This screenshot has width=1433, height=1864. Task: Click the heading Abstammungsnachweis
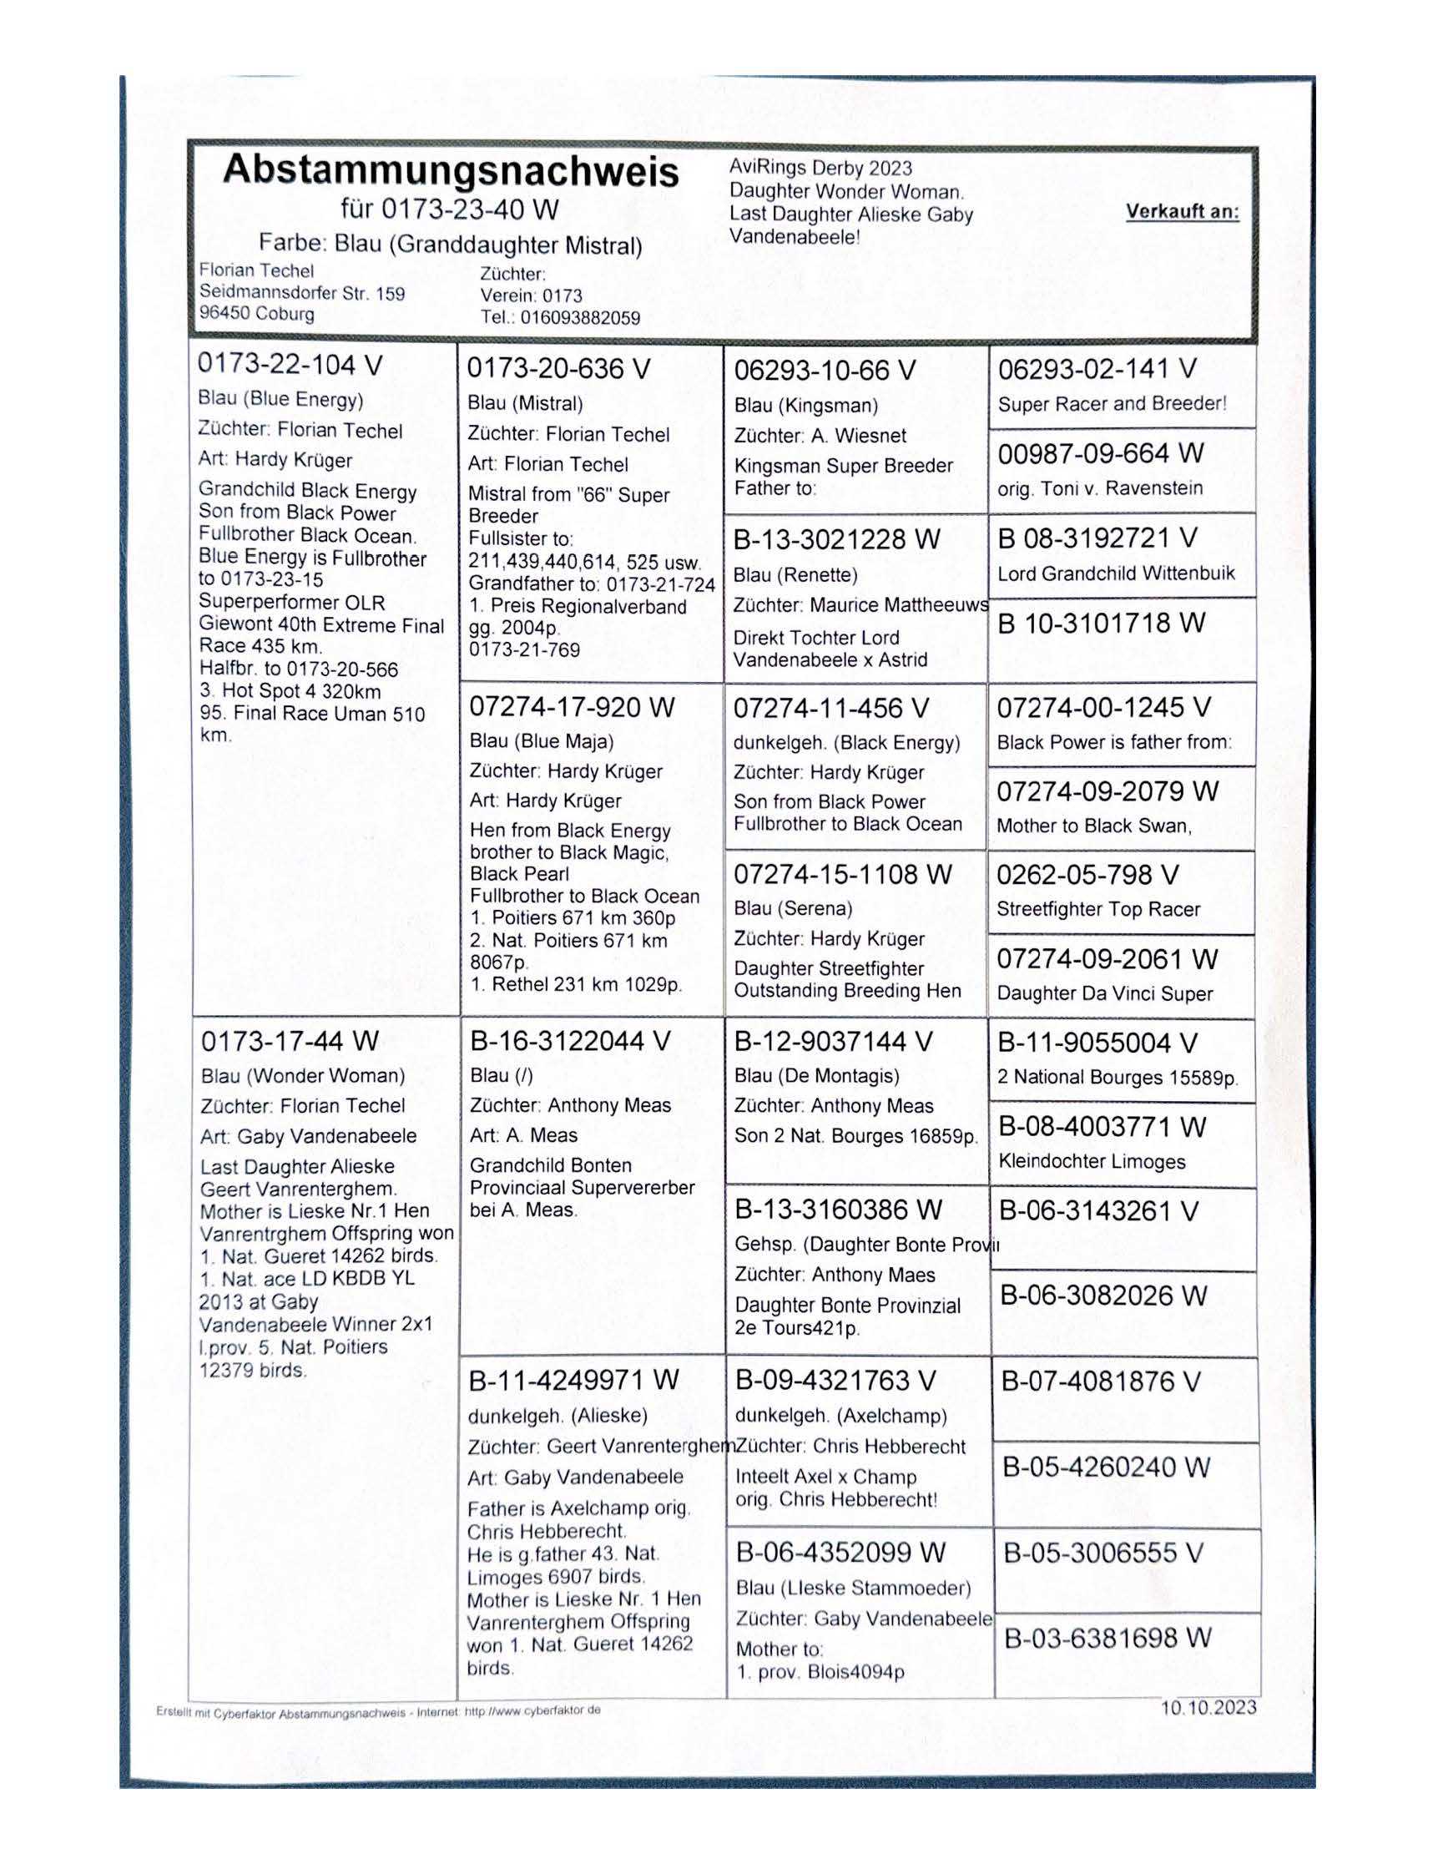pyautogui.click(x=451, y=170)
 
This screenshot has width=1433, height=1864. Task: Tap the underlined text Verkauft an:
pyautogui.click(x=1183, y=211)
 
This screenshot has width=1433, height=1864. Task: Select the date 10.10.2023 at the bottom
pyautogui.click(x=1208, y=1707)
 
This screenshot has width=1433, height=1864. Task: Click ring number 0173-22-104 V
pyautogui.click(x=290, y=364)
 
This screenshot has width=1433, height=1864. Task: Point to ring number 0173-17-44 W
pyautogui.click(x=290, y=1041)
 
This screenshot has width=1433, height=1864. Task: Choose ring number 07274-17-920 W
pyautogui.click(x=572, y=707)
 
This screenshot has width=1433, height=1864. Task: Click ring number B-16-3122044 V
pyautogui.click(x=571, y=1041)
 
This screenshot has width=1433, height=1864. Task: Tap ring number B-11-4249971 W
pyautogui.click(x=574, y=1380)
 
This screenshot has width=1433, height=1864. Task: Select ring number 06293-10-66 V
pyautogui.click(x=825, y=371)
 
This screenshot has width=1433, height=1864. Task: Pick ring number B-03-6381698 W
pyautogui.click(x=1108, y=1638)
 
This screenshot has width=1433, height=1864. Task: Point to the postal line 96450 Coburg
pyautogui.click(x=257, y=313)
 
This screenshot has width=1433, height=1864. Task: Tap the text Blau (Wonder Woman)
pyautogui.click(x=303, y=1076)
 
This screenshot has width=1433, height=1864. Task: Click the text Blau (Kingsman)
pyautogui.click(x=806, y=405)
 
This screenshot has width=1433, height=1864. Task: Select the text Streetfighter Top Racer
pyautogui.click(x=1098, y=909)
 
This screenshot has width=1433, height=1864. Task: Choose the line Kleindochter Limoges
pyautogui.click(x=1092, y=1161)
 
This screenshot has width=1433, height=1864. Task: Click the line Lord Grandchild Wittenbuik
pyautogui.click(x=1116, y=573)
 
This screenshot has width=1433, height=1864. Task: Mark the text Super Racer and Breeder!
pyautogui.click(x=1113, y=404)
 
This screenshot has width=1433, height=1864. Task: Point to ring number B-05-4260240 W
pyautogui.click(x=1107, y=1467)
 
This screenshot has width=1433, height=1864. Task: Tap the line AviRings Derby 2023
pyautogui.click(x=820, y=169)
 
